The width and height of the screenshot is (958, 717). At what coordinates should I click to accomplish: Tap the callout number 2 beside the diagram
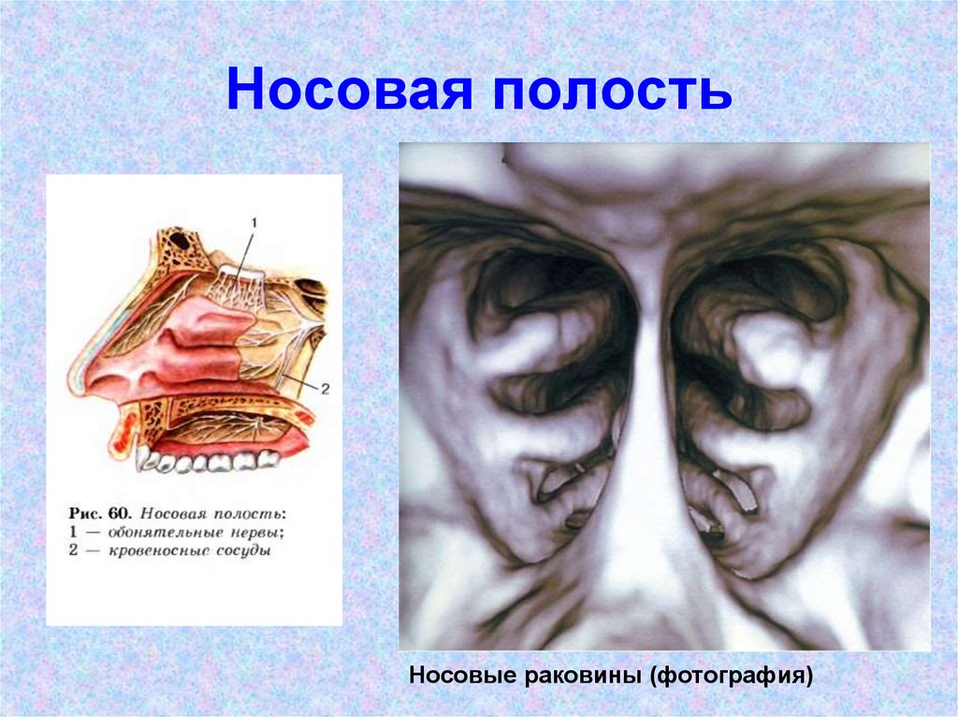click(325, 390)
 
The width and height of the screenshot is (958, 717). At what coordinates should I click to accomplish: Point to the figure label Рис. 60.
click(101, 514)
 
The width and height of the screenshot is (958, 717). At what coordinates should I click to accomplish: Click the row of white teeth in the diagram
click(210, 460)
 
